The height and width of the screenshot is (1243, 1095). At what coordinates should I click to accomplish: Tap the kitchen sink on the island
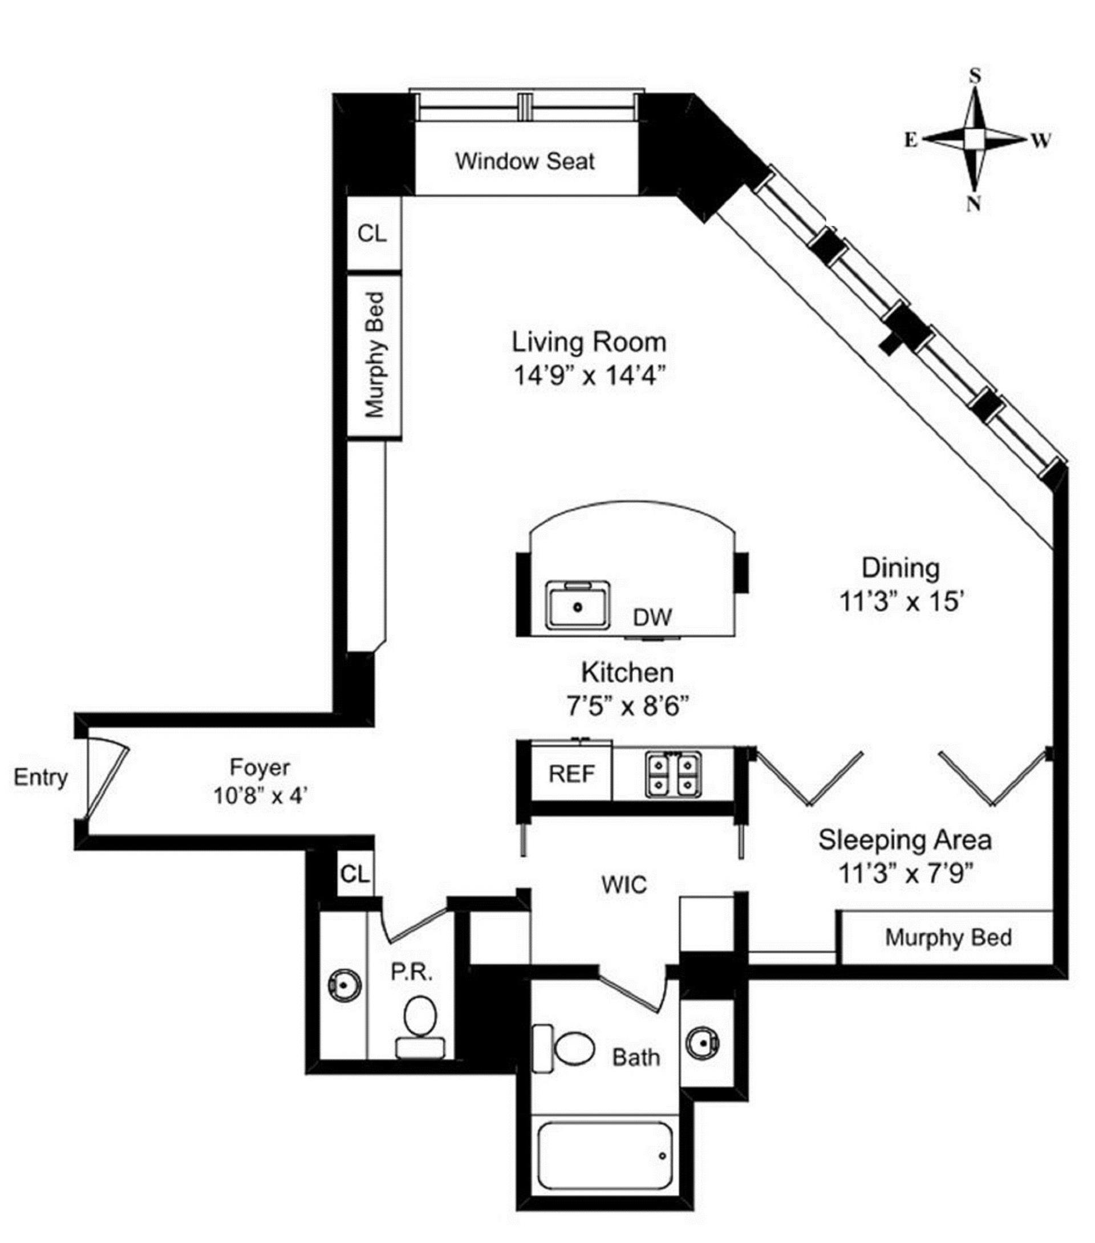click(577, 606)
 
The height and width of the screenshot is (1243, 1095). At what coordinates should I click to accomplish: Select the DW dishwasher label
click(653, 618)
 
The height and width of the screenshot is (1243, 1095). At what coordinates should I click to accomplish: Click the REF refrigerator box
click(571, 774)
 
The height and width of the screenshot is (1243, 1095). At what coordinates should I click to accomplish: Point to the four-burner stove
click(673, 774)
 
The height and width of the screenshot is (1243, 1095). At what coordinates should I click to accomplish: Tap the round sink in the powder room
click(344, 984)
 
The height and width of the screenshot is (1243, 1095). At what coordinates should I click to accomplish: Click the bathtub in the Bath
click(605, 1157)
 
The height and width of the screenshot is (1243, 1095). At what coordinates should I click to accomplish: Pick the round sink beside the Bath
click(703, 1043)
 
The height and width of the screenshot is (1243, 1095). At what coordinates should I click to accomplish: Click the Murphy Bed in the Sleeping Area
click(948, 937)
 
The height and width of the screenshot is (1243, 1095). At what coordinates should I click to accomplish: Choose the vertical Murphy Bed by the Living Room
click(374, 356)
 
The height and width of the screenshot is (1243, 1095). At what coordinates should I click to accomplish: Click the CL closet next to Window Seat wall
click(372, 233)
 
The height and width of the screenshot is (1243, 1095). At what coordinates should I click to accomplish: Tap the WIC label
click(623, 885)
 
